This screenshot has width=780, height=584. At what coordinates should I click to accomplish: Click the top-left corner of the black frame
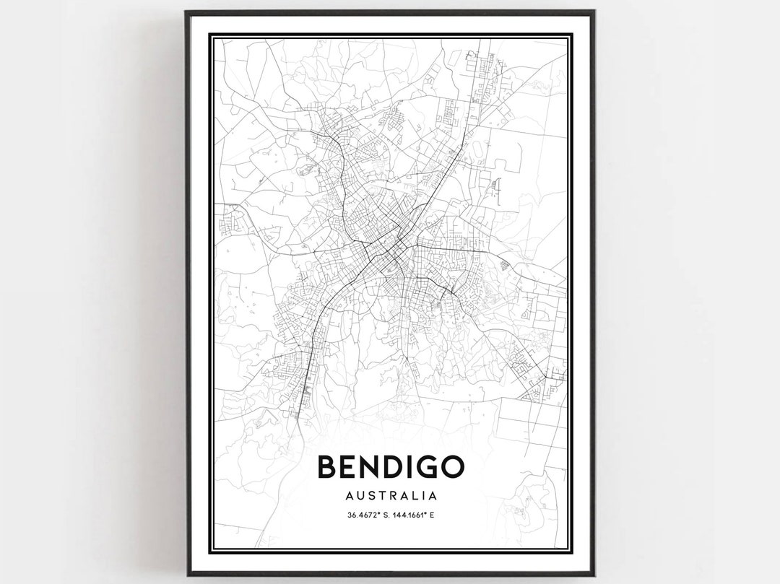[186, 11]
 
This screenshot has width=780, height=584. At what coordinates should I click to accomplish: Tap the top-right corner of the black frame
[594, 11]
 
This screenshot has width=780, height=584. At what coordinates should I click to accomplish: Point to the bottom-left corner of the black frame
[186, 575]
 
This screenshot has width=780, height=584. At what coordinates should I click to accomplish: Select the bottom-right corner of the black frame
[594, 575]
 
